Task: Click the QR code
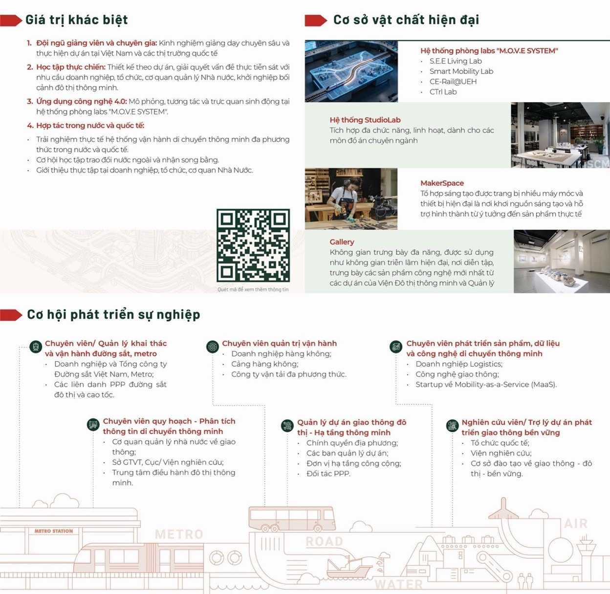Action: (253, 245)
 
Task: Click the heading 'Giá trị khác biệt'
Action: (76, 20)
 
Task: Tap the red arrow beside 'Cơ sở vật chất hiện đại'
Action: (316, 21)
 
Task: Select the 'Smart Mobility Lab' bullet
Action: (461, 71)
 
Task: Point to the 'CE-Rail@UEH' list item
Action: (453, 82)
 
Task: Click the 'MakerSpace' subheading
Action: (442, 183)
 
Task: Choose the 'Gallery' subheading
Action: (342, 242)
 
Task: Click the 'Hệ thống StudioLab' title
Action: (365, 120)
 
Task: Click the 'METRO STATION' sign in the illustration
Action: (54, 531)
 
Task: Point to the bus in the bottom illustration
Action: (292, 519)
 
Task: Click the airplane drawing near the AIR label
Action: (503, 509)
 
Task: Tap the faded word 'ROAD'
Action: (324, 541)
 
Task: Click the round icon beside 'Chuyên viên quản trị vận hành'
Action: (213, 347)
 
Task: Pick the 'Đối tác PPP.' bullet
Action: (328, 474)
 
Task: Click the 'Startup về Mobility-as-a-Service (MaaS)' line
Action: (486, 385)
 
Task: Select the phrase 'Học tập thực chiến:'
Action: (71, 67)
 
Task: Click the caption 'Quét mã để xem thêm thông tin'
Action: (253, 289)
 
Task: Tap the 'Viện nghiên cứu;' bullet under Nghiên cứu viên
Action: (501, 453)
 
